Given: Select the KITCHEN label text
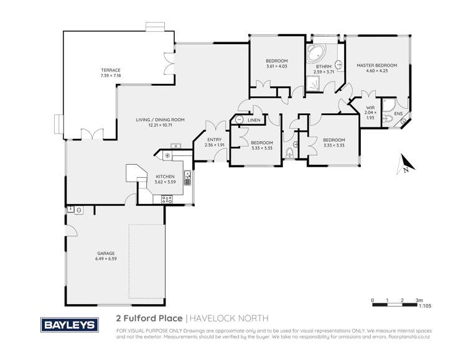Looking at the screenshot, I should (165, 177).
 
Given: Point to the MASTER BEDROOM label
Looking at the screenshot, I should (376, 65).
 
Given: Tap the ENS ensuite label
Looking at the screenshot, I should (398, 113).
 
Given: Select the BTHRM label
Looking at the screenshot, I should (323, 66).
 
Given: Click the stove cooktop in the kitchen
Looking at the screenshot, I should (167, 199).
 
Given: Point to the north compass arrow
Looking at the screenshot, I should (403, 166).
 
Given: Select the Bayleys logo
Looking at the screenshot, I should (68, 325).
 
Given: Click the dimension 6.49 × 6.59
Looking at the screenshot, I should (106, 259).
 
